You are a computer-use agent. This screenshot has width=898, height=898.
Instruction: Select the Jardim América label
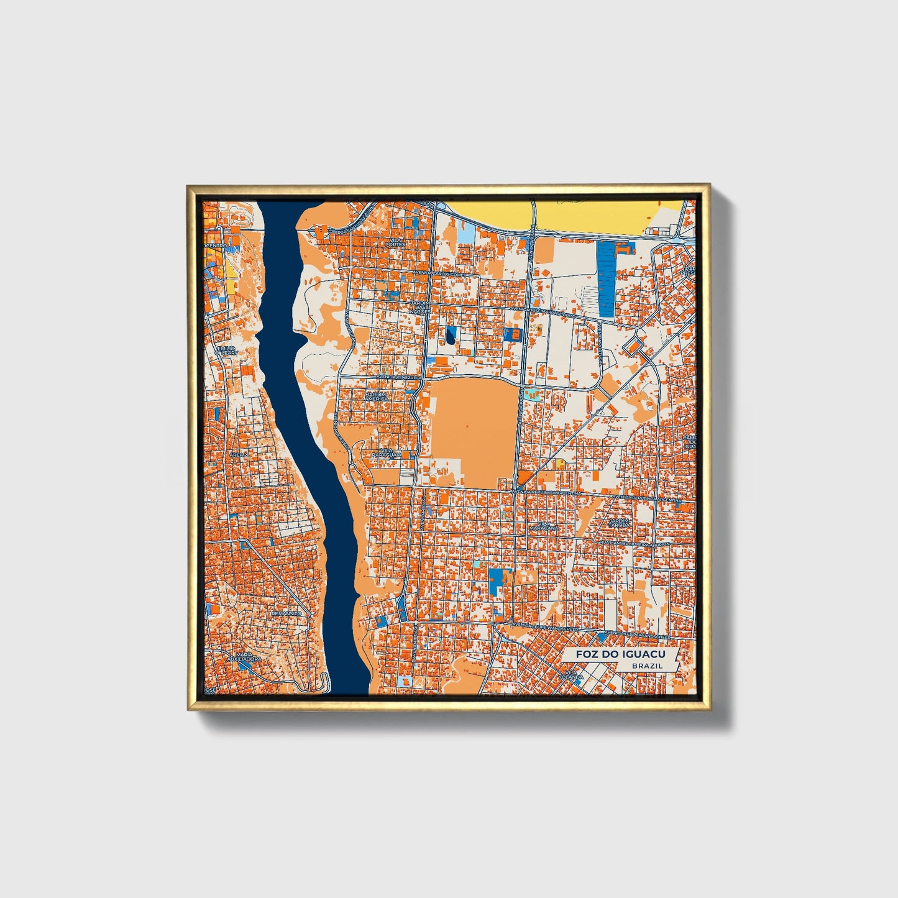pos(376,396)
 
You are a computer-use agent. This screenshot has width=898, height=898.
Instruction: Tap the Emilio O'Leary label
pos(226,350)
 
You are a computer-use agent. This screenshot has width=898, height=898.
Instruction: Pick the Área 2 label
pos(238,455)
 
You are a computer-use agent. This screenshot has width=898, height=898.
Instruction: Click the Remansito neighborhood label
pos(286,613)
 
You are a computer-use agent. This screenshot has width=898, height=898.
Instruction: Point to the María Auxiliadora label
pos(244,657)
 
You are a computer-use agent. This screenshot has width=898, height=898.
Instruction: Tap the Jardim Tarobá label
pos(620,523)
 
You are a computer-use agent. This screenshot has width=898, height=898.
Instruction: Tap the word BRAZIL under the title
pos(647,666)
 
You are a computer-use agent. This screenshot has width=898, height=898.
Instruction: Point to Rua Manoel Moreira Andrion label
pos(634,543)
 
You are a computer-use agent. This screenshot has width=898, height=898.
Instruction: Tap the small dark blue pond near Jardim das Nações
pos(450,336)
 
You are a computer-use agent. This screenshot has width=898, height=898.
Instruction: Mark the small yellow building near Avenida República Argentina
pos(560,463)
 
